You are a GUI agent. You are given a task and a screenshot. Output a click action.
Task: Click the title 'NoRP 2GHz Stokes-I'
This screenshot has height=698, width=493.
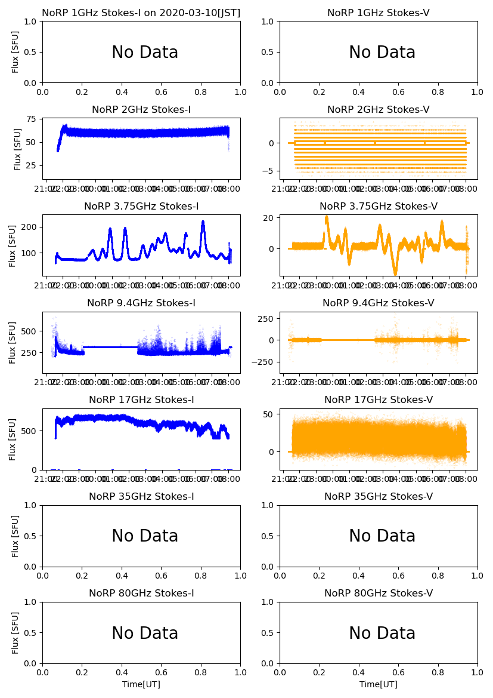141,110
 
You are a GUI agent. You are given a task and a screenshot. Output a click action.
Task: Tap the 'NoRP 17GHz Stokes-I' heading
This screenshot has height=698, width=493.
141,400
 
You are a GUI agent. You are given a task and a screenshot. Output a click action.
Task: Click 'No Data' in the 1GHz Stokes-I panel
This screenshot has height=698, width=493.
145,53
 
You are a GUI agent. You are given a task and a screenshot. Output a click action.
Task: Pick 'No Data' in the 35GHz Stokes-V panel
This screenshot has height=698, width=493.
382,536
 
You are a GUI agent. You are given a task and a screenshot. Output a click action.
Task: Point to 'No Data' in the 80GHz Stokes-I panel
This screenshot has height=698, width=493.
145,634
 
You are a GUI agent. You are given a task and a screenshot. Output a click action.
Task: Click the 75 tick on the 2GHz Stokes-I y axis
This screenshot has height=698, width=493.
32,119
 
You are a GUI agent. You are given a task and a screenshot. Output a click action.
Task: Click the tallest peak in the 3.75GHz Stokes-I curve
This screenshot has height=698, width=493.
203,222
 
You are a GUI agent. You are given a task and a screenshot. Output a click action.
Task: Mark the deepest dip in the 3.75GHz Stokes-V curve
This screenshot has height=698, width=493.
395,274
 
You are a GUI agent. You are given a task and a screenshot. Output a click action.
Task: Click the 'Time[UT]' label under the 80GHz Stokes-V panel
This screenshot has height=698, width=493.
379,684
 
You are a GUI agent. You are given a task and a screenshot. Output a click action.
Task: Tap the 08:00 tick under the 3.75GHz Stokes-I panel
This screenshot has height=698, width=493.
229,286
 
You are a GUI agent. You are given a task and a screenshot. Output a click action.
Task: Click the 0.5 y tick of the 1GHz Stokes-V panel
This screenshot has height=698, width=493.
268,52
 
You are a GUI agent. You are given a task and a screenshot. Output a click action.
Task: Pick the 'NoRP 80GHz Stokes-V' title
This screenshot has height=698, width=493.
379,594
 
